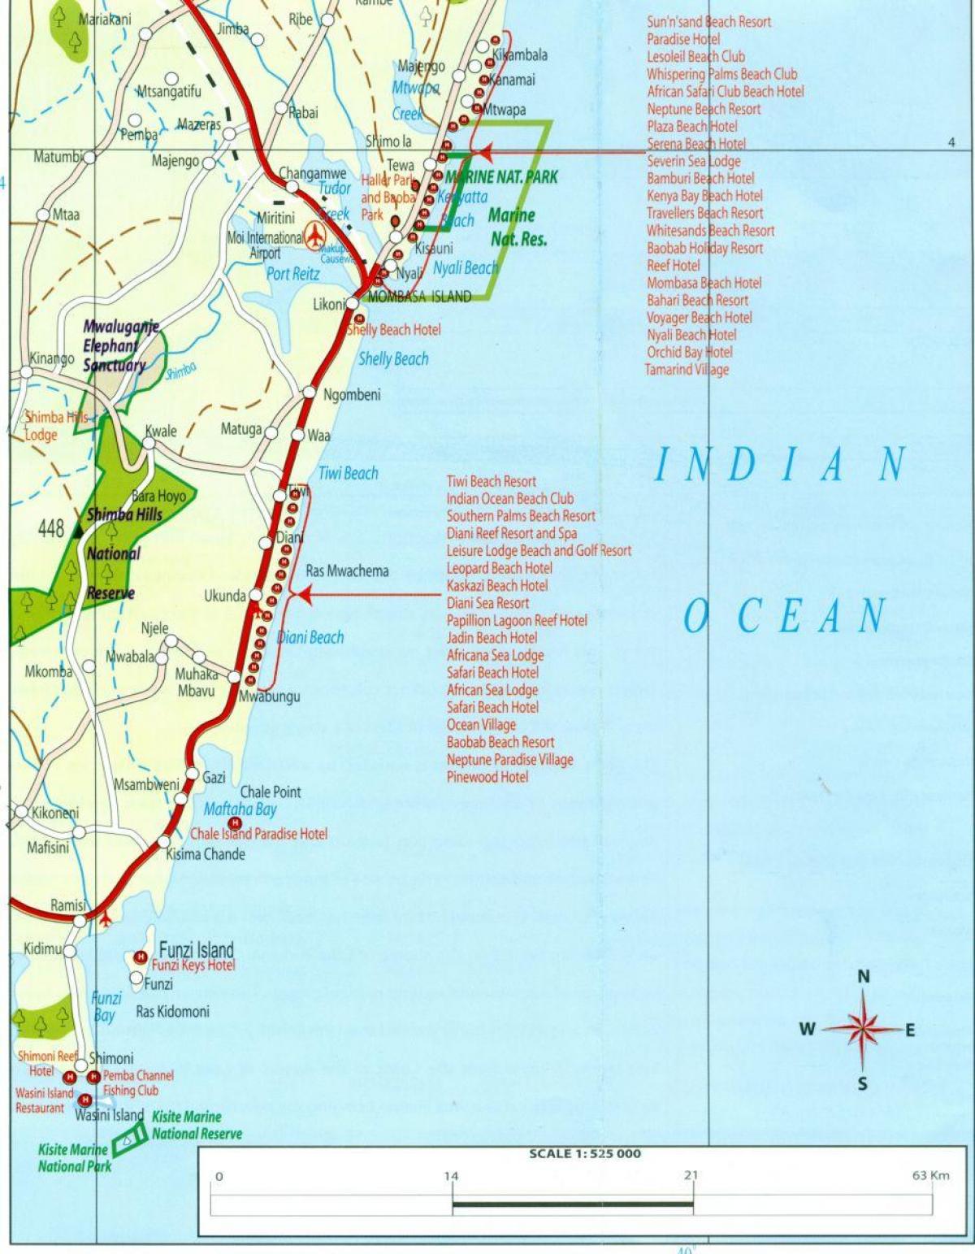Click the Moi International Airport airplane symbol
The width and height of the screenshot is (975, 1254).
(315, 236)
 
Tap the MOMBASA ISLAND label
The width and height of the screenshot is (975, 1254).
(419, 297)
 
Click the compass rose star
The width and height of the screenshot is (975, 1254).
(863, 1028)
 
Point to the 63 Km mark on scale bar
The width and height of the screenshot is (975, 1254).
(929, 1175)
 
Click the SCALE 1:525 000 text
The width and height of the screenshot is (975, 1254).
(584, 1153)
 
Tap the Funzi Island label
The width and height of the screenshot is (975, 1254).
(196, 949)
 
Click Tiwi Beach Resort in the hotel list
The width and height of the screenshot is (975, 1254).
(491, 481)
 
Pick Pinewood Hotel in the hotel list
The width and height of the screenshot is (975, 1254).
(487, 777)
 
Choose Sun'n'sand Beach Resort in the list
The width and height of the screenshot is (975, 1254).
(708, 22)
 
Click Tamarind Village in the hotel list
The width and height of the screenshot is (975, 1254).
(687, 370)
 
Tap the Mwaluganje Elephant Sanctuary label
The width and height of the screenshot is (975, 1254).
(120, 345)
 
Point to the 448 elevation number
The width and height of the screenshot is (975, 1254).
(50, 529)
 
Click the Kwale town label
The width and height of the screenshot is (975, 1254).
(160, 431)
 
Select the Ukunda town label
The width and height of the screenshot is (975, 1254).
(224, 596)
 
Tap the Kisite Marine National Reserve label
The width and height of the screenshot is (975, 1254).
(197, 1125)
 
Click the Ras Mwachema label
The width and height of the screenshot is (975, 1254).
(347, 571)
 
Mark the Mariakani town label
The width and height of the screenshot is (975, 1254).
(104, 19)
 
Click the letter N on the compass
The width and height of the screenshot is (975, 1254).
(864, 977)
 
